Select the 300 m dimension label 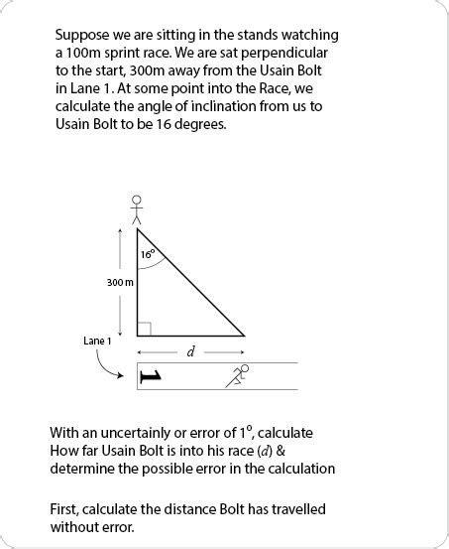click(120, 283)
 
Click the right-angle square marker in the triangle click(144, 329)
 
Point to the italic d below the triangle click(189, 351)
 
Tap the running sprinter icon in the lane click(239, 374)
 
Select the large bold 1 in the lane click(150, 376)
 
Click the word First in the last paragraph click(65, 509)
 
